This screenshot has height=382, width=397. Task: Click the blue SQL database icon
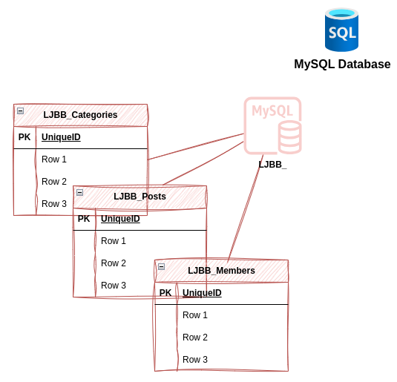click(x=341, y=30)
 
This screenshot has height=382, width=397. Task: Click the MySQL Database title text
click(x=342, y=65)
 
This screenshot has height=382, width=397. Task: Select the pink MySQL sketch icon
click(x=272, y=125)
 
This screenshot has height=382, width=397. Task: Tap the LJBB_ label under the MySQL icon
click(x=272, y=165)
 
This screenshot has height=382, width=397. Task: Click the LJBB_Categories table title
click(x=80, y=115)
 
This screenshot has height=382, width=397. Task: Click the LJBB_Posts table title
click(x=140, y=197)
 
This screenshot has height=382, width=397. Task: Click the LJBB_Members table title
click(x=221, y=271)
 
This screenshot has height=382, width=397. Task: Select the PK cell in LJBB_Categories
click(x=24, y=137)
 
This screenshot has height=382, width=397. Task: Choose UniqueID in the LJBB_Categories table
click(x=61, y=137)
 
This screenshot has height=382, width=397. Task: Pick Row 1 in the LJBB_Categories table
click(x=54, y=159)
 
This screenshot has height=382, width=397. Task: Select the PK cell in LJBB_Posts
click(x=84, y=219)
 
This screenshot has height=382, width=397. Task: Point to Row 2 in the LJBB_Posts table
click(x=114, y=263)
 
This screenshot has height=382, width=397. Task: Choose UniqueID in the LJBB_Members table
click(x=202, y=293)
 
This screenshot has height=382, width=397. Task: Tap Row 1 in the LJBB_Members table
click(x=195, y=315)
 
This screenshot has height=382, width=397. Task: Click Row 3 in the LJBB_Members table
click(x=195, y=360)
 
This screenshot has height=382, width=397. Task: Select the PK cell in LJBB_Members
click(x=165, y=293)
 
